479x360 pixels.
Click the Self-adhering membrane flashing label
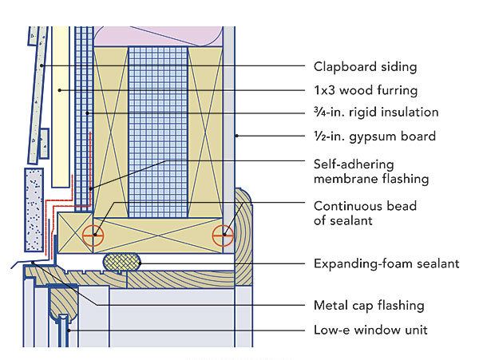pos(368,170)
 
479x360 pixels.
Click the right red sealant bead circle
pos(223,235)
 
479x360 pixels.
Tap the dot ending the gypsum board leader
pos(237,136)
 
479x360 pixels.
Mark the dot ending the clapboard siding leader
pos(39,65)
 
